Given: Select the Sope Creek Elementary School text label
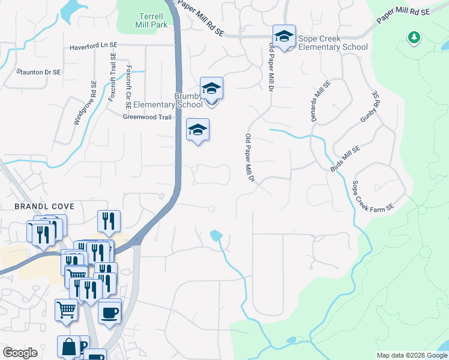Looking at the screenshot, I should click(x=333, y=43).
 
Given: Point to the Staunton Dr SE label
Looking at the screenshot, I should click(x=38, y=71).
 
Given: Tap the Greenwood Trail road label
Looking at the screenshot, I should click(x=147, y=117).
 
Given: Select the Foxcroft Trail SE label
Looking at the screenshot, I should click(x=112, y=77).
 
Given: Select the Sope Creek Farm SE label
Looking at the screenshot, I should click(x=372, y=196).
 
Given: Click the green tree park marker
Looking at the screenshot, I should click(x=414, y=38).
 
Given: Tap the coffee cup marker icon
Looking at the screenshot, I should click(x=109, y=313).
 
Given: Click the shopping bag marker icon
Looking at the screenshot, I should click(x=68, y=347).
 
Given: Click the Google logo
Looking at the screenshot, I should click(x=20, y=353).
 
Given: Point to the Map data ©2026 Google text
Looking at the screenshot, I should click(x=411, y=355).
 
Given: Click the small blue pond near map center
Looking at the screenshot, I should click(x=215, y=236).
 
